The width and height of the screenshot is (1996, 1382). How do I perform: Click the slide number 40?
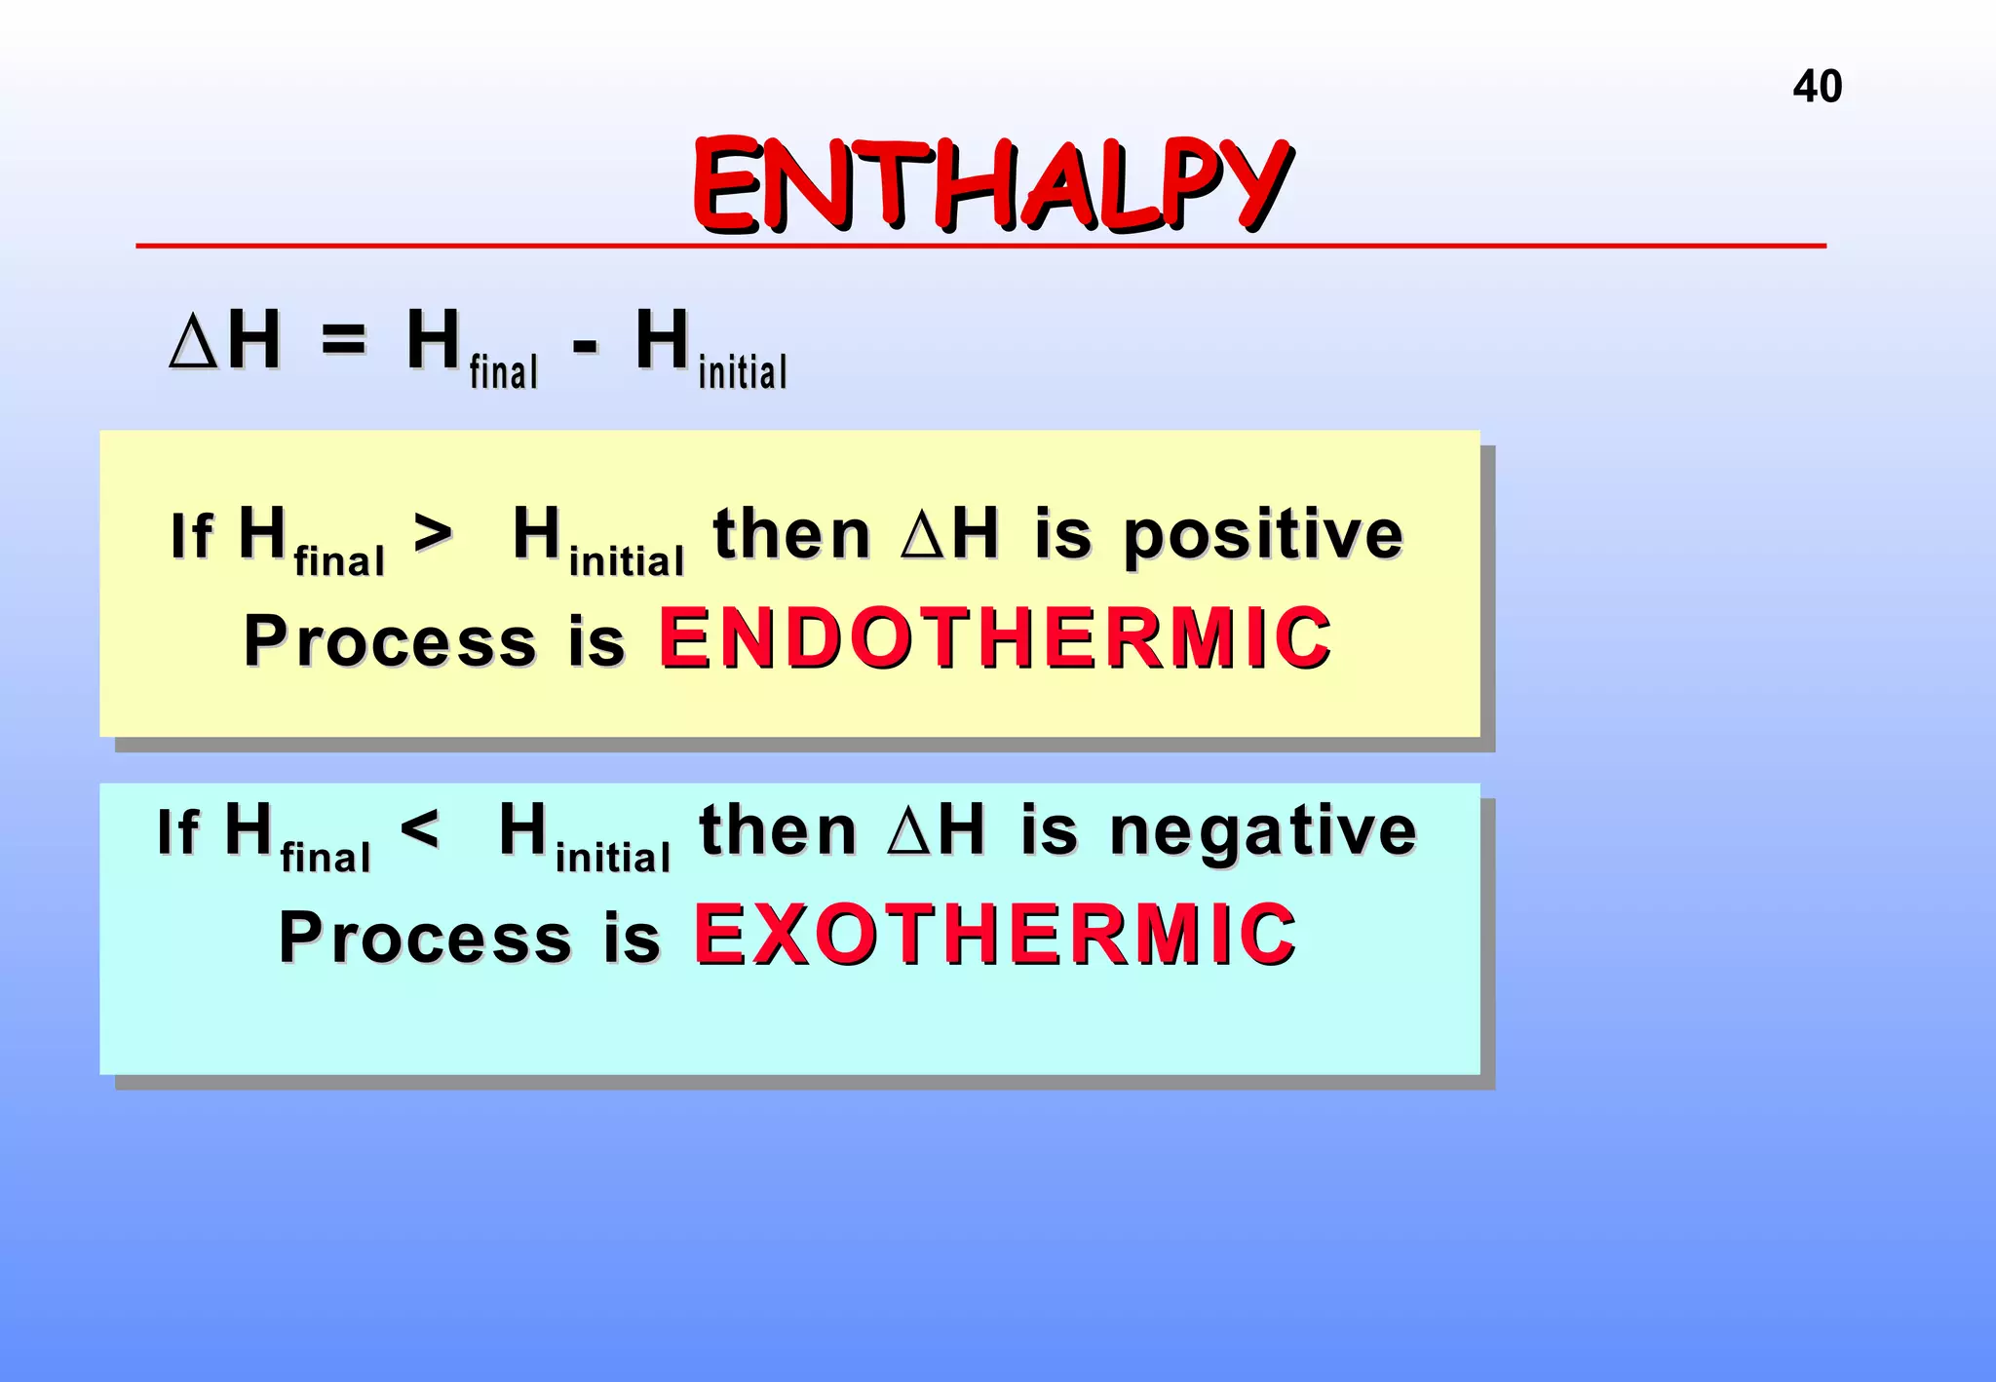coord(1817,87)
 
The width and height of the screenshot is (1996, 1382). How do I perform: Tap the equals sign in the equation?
coord(343,341)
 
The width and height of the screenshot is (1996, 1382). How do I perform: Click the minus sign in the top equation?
coord(585,345)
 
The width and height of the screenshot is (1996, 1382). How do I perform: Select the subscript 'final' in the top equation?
coord(503,372)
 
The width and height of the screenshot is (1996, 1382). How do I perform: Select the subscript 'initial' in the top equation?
coord(743,372)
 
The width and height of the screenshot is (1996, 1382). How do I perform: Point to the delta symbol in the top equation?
coord(193,342)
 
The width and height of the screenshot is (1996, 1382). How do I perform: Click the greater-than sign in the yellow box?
coord(433,533)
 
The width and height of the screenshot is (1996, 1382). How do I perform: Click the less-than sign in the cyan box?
coord(419,829)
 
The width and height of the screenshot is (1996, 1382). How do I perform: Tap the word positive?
coord(1263,537)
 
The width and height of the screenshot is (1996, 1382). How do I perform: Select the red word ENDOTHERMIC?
coord(994,638)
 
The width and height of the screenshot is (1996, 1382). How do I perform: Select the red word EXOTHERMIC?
coord(994,935)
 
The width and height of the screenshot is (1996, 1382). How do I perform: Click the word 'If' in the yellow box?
coord(191,536)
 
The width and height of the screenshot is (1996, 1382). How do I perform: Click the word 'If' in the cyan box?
coord(177,832)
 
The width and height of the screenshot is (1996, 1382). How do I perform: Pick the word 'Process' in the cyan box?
coord(425,938)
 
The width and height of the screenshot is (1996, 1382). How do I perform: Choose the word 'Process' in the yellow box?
coord(390,641)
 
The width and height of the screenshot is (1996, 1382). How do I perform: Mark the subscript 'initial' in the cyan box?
coord(612,858)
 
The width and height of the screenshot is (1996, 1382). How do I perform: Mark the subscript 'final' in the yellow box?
coord(339,561)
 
